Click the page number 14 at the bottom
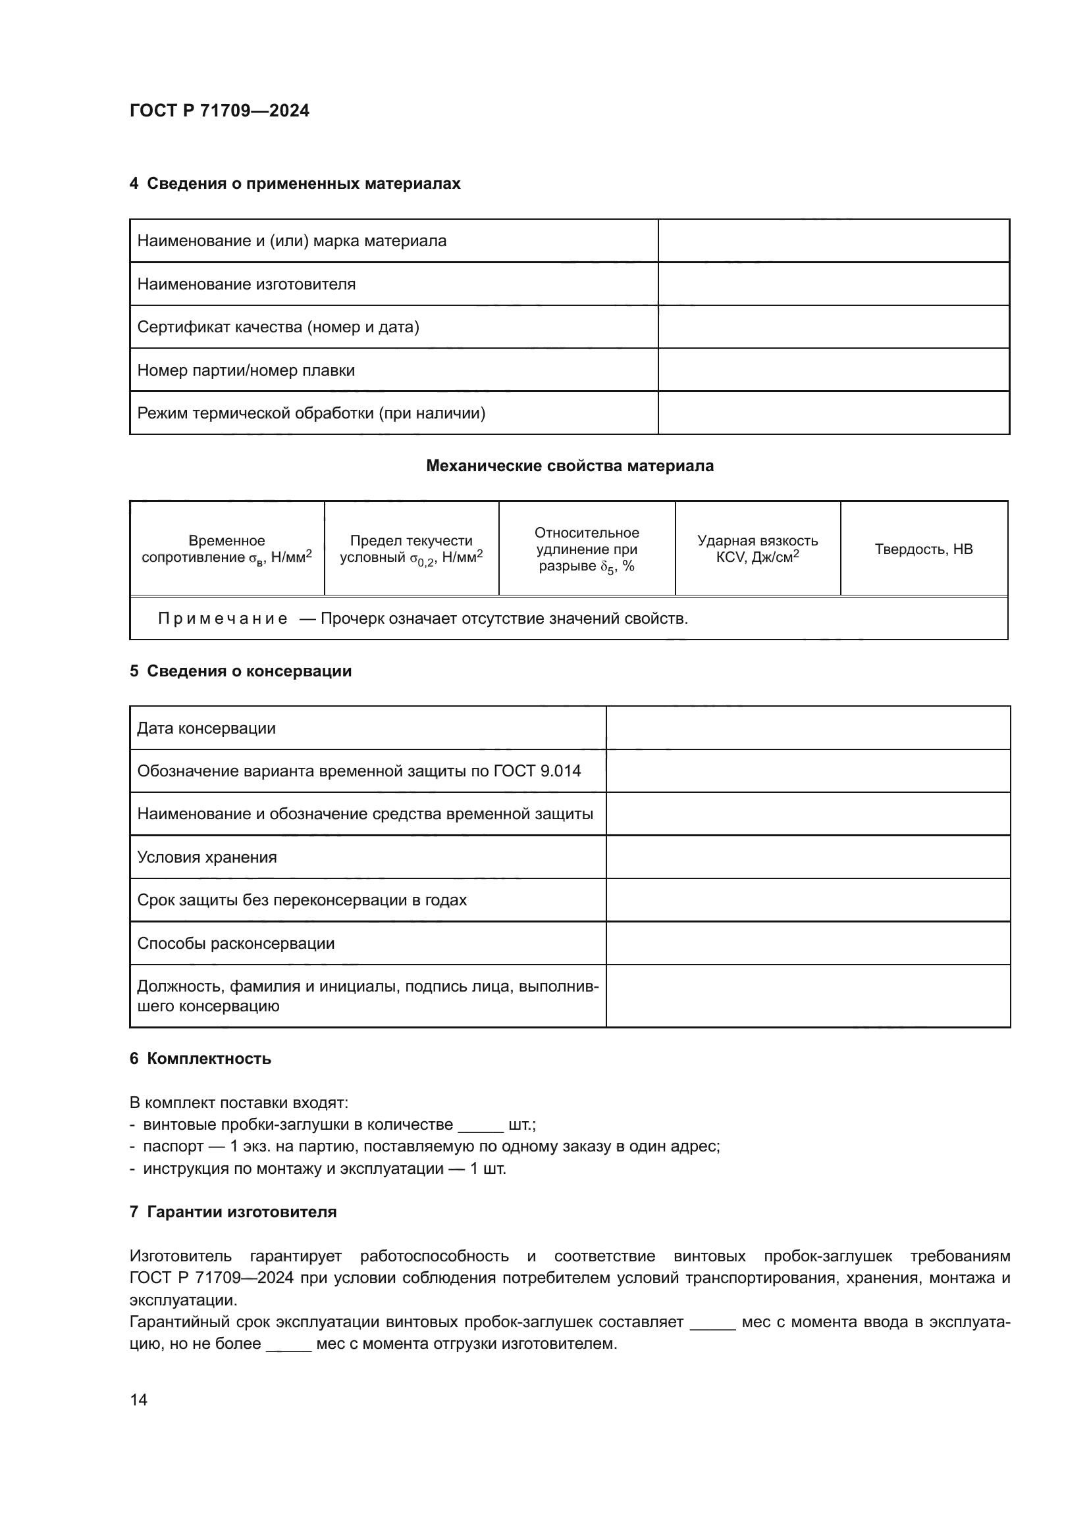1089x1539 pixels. coord(139,1400)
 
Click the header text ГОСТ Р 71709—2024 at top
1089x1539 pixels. coord(219,111)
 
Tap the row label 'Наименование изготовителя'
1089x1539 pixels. coord(246,284)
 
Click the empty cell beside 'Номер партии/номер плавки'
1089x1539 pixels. coord(833,370)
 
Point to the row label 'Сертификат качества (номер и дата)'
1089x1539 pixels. coord(278,327)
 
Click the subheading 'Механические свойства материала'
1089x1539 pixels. coord(570,466)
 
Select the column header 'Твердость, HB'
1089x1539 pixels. coord(923,549)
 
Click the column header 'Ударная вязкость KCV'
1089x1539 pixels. coord(757,549)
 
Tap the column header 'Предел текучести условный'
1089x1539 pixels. coord(411,549)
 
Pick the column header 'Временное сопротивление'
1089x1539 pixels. coord(226,549)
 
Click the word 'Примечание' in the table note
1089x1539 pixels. coord(223,618)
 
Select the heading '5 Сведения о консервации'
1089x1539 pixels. coord(241,671)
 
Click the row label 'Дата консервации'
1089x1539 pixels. coord(206,728)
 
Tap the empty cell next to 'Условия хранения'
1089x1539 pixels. coord(807,857)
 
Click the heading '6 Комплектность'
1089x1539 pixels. coord(200,1059)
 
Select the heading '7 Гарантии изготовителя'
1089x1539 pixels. coord(232,1212)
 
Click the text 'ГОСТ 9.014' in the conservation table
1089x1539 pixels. coord(537,771)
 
